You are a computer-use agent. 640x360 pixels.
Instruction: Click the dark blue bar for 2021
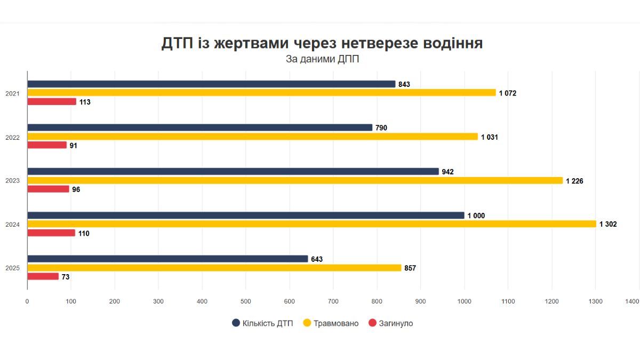click(211, 84)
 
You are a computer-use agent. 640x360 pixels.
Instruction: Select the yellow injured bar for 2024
click(311, 224)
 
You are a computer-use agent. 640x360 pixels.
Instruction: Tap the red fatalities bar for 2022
click(47, 145)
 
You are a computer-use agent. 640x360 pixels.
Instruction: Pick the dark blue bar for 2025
click(167, 259)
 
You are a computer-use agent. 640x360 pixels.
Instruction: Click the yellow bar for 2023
click(295, 180)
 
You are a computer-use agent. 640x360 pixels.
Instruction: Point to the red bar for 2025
click(43, 276)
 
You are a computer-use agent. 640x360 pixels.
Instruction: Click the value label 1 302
click(608, 225)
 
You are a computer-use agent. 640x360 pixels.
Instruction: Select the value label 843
click(404, 84)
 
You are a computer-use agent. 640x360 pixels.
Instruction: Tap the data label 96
click(76, 189)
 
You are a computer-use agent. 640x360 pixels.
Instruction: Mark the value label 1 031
click(490, 137)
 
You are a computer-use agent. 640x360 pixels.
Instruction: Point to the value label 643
click(317, 259)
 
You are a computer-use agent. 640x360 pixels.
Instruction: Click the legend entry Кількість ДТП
click(262, 323)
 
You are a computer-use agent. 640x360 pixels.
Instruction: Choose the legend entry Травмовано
click(331, 323)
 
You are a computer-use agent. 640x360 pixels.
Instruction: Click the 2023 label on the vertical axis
click(12, 181)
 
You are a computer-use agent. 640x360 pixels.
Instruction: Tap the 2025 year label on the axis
click(12, 268)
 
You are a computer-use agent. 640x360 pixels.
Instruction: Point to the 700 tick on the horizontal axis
click(333, 301)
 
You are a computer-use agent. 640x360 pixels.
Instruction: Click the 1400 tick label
click(632, 301)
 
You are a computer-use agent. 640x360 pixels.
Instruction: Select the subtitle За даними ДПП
click(322, 59)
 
